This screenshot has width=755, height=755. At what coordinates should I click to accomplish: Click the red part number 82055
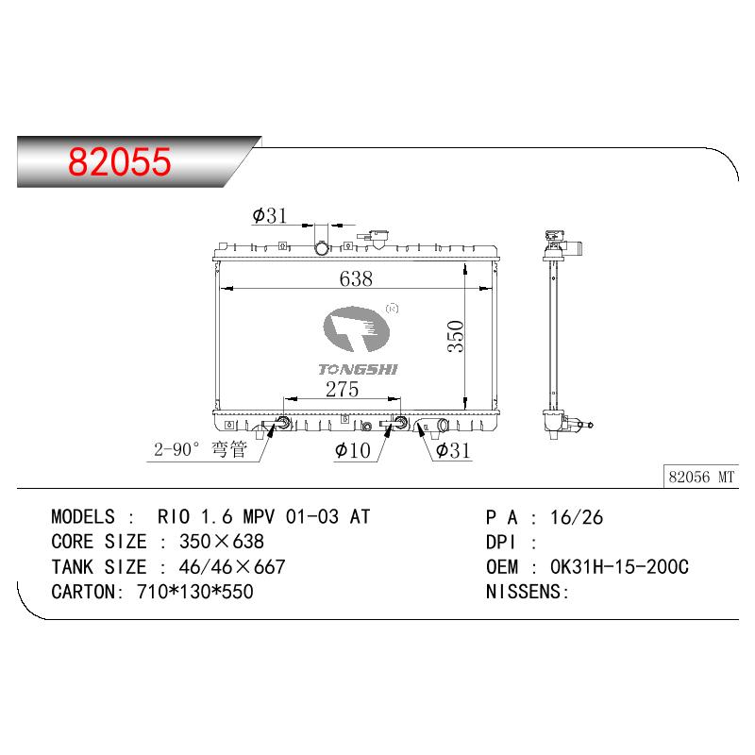pos(120,161)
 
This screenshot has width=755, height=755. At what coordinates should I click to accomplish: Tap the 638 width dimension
pos(356,278)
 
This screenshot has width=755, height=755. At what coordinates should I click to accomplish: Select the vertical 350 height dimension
pos(455,336)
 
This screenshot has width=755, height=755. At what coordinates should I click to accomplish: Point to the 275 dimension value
pos(342,389)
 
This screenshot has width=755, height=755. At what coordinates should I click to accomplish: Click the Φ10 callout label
pos(352,450)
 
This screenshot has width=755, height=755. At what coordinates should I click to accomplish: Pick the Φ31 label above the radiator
pos(270,215)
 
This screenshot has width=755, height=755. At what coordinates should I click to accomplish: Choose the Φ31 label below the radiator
pos(453,450)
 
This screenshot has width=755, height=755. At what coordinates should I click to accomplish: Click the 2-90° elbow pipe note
pos(200,449)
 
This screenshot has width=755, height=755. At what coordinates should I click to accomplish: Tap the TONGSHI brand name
pos(359,369)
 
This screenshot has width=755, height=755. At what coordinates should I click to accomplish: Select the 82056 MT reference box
pos(701,477)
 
